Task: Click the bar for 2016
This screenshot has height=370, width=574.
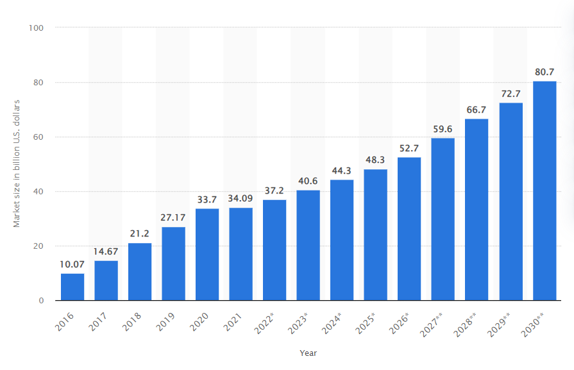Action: coord(72,287)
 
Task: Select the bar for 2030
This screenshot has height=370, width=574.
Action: coord(544,190)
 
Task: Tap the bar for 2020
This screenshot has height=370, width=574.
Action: coord(207,254)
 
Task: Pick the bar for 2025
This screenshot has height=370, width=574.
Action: coord(375,235)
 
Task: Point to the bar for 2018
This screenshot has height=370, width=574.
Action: coord(140,271)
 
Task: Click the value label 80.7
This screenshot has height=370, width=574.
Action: coord(544,72)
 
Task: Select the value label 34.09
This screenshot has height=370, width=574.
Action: coord(241,198)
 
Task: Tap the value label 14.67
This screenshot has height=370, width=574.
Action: coord(106,251)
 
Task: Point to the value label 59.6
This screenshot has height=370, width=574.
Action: coord(443,129)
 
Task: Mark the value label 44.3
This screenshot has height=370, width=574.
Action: coord(342,171)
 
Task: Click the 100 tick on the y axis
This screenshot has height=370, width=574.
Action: coord(36,28)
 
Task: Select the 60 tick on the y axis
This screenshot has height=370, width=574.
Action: coord(38,137)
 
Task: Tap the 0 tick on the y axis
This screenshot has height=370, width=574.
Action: coord(41,301)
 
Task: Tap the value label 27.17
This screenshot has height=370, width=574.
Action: coord(173,217)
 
